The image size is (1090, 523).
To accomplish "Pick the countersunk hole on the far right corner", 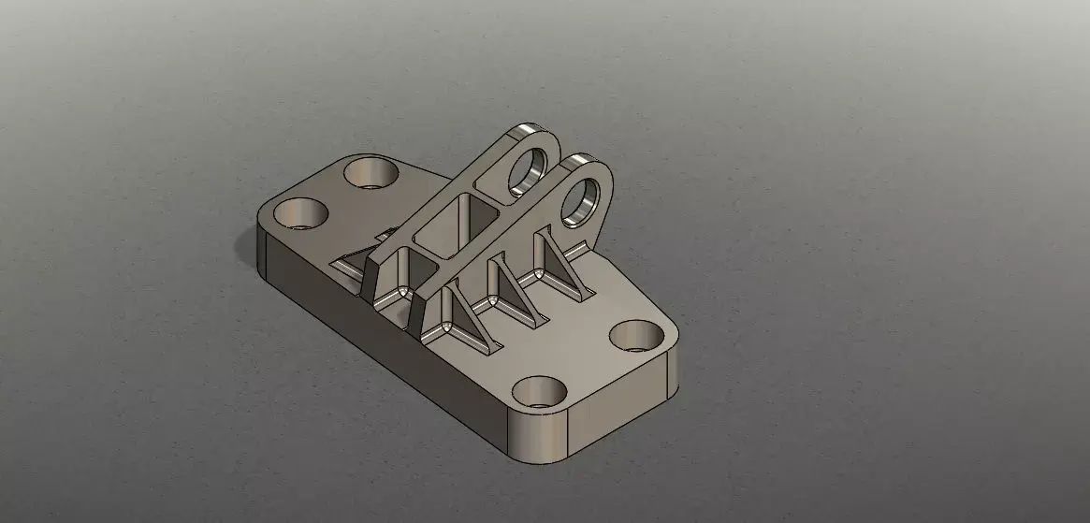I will [636, 334].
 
